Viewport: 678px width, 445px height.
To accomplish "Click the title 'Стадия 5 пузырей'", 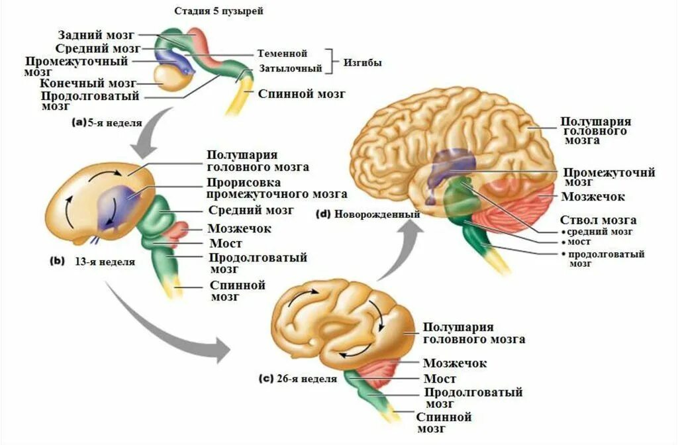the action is pos(213,12).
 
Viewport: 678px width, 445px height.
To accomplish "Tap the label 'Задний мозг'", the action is pos(97,34).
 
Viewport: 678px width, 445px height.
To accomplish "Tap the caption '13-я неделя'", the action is pos(107,262).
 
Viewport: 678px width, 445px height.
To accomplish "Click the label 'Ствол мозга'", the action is pos(598,220).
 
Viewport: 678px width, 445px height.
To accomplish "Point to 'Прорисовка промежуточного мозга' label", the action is pos(276,188).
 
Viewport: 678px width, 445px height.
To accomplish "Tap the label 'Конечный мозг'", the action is pos(87,83).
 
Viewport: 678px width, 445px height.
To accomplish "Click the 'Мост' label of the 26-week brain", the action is pos(440,379).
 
